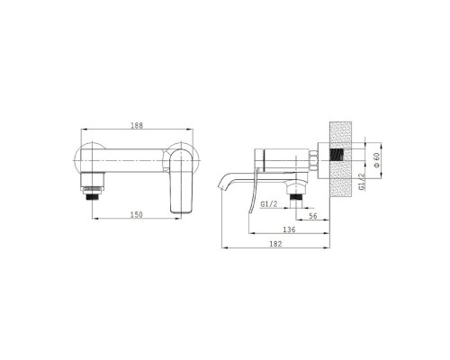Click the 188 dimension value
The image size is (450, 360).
137,125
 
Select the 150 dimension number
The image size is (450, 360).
137,215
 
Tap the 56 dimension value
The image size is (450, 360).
313,216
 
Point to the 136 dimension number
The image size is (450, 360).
289,229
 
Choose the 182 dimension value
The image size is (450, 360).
275,244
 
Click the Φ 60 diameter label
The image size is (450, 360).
376,160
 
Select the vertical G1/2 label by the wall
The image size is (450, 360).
362,182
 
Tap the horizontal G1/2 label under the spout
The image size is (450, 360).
269,204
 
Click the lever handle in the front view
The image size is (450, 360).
181,182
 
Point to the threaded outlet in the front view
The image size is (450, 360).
94,197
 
